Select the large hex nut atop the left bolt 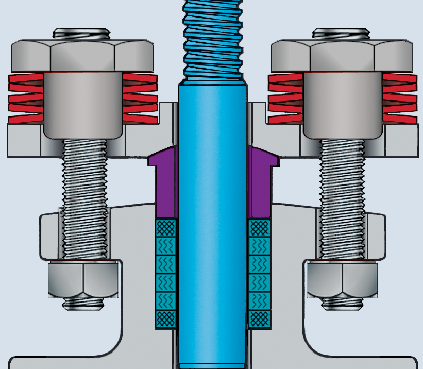(x=82, y=55)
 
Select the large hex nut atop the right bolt (x=343, y=55)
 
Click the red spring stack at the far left (x=26, y=98)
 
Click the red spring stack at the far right (x=399, y=98)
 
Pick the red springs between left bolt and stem (x=140, y=98)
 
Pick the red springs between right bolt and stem (x=285, y=98)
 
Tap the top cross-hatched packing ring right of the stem (x=258, y=227)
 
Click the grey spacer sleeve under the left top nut (x=83, y=103)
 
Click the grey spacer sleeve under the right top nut (x=343, y=103)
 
